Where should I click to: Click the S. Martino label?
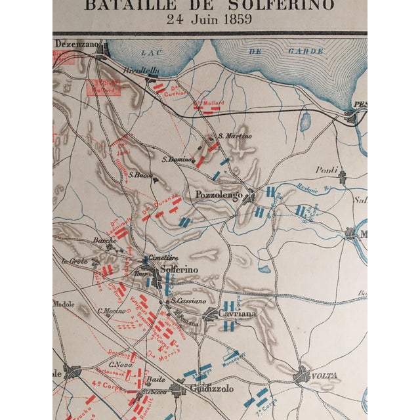235,136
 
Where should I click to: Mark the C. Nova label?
121,364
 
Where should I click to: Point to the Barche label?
104,241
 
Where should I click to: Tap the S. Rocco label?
140,175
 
